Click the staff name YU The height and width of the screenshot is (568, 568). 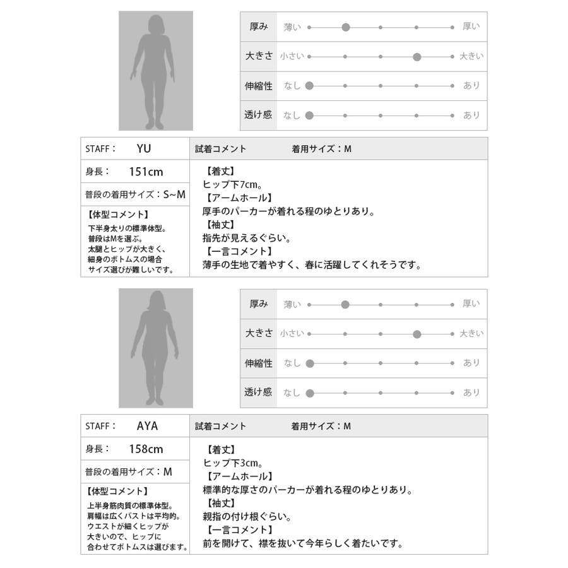pos(144,149)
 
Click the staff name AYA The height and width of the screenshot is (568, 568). pos(147,426)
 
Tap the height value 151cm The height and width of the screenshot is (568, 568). pos(145,171)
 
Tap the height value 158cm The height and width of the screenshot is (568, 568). pos(146,449)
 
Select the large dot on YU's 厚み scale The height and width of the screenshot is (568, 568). pos(345,27)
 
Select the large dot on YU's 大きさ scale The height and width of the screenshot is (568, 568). pos(417,57)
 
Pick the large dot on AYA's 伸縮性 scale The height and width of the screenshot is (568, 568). pos(309,363)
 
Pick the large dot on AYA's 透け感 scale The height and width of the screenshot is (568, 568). pos(309,393)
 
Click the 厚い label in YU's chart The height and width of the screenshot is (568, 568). pos(471,27)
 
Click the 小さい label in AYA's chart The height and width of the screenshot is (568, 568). pos(292,333)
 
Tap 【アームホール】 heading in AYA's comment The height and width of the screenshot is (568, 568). pos(237,476)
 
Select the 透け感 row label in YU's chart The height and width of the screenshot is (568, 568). pos(257,115)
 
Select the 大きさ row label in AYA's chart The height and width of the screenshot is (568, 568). pos(259,333)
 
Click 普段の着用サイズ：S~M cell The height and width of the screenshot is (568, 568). pos(135,195)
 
